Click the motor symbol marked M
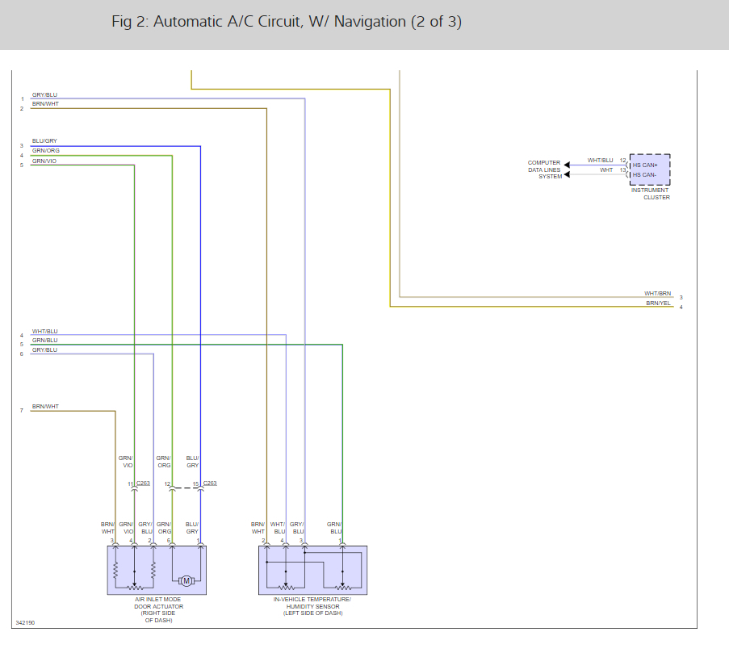pyautogui.click(x=186, y=580)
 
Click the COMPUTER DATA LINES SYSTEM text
pyautogui.click(x=544, y=169)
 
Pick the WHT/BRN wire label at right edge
pyautogui.click(x=657, y=294)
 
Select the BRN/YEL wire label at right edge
pyautogui.click(x=658, y=303)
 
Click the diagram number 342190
pyautogui.click(x=25, y=623)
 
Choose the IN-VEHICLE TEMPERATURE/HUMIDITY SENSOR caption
pyautogui.click(x=312, y=606)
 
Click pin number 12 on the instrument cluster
pyautogui.click(x=622, y=161)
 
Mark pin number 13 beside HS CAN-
pyautogui.click(x=622, y=170)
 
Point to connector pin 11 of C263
pyautogui.click(x=130, y=484)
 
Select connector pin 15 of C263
pyautogui.click(x=195, y=484)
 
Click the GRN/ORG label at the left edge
pyautogui.click(x=45, y=151)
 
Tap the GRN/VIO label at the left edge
pyautogui.click(x=44, y=161)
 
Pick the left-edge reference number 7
pyautogui.click(x=22, y=411)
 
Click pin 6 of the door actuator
pyautogui.click(x=170, y=541)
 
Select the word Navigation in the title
pyautogui.click(x=367, y=22)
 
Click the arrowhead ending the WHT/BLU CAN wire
pyautogui.click(x=567, y=165)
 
